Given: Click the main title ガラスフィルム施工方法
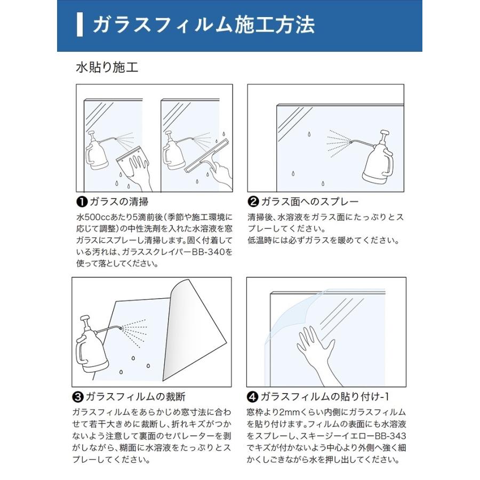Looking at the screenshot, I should [203, 25].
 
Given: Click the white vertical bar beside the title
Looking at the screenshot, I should [79, 25].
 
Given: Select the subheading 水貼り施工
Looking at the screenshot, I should [107, 68].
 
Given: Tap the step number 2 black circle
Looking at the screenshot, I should [254, 202].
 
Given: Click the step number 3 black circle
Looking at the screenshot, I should [77, 397].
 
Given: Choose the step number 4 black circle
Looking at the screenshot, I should [253, 397].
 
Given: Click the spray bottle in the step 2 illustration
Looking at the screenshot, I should [378, 160].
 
